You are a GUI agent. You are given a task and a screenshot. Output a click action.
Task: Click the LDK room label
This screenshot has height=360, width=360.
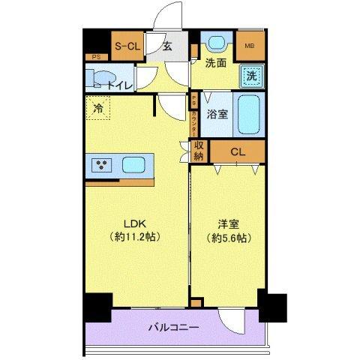(x=135, y=223)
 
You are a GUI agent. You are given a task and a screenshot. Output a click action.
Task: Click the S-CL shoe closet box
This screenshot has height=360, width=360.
(x=127, y=46)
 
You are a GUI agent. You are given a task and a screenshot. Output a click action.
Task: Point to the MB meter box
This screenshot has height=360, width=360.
(x=249, y=46)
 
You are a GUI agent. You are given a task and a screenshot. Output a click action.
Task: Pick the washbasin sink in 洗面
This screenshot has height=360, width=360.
(x=217, y=44)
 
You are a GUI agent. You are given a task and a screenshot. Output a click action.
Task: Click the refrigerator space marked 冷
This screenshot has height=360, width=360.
(x=97, y=109)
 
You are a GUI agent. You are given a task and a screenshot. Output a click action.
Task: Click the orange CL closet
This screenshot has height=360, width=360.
(x=237, y=152)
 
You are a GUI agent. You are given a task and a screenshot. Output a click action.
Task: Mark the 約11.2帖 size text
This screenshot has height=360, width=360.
(x=135, y=237)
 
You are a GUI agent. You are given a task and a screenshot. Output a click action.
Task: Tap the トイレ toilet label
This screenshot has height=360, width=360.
(x=120, y=86)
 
